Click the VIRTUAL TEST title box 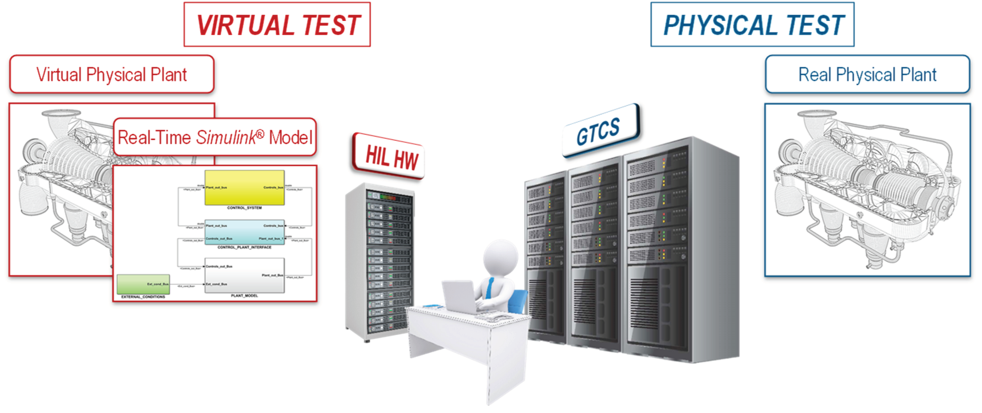277,25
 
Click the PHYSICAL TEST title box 752,25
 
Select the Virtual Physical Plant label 112,74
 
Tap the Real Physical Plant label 867,74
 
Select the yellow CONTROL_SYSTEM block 244,188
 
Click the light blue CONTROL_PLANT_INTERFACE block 244,232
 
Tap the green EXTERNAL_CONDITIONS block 143,284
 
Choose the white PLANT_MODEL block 244,275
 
